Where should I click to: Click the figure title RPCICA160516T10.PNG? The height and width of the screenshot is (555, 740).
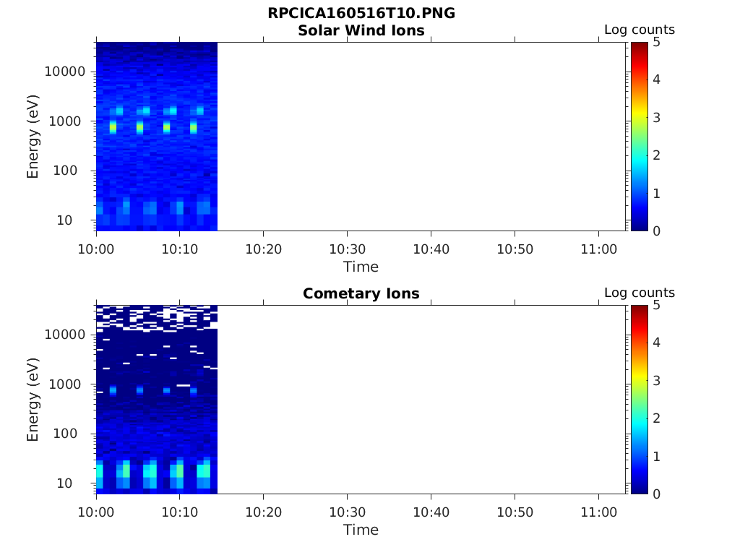coord(361,14)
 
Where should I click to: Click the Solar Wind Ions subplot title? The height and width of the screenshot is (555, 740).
coord(361,30)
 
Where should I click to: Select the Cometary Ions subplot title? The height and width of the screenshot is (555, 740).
coord(361,293)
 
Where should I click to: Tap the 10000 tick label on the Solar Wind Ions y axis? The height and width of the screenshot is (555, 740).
coord(66,72)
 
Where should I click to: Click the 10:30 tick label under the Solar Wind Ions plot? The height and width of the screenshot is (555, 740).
coord(348,249)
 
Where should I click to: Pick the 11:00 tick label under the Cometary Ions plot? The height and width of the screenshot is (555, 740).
coord(598,512)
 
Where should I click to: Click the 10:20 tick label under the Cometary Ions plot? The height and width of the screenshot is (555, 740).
coord(264,512)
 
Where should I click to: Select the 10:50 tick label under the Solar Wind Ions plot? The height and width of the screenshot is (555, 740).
coord(515,249)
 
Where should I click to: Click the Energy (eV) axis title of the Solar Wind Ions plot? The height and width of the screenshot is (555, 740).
coord(33,136)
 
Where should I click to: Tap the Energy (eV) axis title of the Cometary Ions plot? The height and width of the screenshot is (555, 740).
coord(33,399)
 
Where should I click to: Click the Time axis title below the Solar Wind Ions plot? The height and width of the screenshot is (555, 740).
coord(361,267)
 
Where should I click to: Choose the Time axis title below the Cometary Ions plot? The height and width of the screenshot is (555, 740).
coord(361,530)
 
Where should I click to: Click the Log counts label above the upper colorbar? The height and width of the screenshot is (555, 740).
coord(640,30)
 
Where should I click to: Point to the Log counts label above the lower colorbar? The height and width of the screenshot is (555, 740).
coord(640,293)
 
